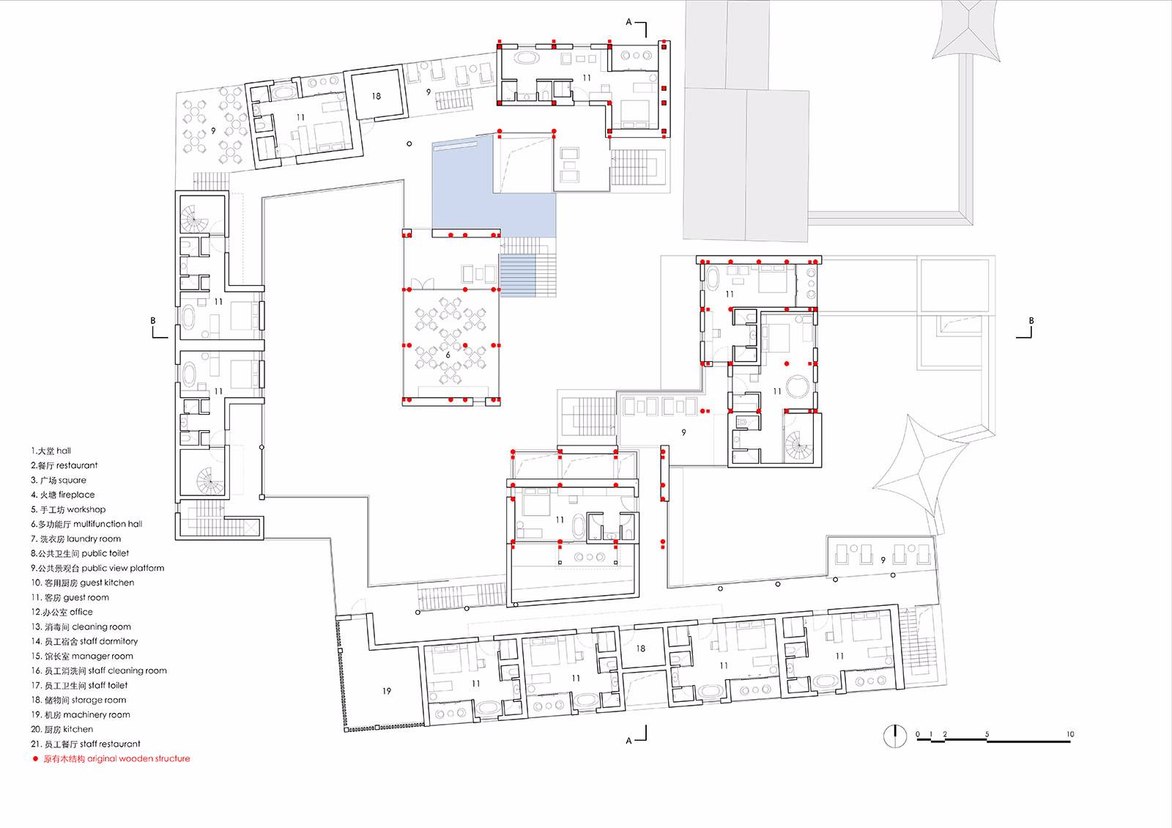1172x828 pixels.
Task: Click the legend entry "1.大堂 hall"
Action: point(51,451)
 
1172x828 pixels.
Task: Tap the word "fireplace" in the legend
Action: point(76,495)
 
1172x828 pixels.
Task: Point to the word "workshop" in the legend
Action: point(86,509)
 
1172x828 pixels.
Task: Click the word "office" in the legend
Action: point(81,612)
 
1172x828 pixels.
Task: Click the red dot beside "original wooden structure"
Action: point(36,759)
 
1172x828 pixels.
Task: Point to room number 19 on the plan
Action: point(387,691)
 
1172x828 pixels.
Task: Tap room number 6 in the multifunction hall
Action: point(448,355)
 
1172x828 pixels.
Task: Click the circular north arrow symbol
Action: point(895,736)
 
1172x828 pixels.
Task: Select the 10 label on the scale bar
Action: point(1070,734)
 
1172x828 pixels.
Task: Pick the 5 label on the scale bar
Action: point(987,734)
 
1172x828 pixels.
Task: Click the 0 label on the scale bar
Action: point(918,734)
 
